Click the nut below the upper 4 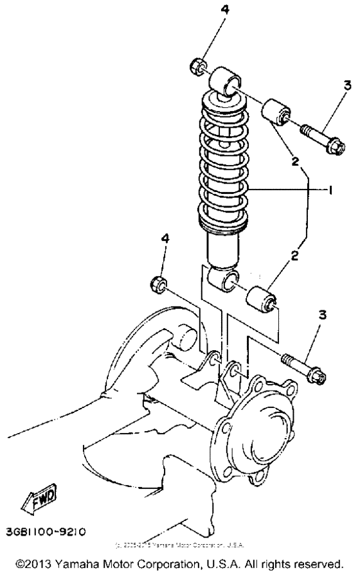[199, 66]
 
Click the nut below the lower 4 [156, 283]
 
